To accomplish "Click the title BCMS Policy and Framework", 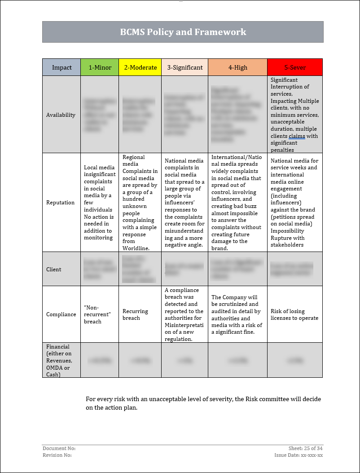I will coord(183,32).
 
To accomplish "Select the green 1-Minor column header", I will coord(100,67).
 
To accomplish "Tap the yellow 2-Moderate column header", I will coord(140,67).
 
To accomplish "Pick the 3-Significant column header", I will coord(184,67).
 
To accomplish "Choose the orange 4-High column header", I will coord(237,67).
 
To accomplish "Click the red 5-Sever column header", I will coord(295,67).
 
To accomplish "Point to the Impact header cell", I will coord(61,67).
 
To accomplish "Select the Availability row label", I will coord(61,115).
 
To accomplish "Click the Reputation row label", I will coord(60,203).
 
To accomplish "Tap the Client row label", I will coord(53,270).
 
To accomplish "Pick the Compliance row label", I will coord(61,314).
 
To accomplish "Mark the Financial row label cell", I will coord(59,360).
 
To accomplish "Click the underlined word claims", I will coord(297,136).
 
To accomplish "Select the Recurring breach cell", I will coord(135,314).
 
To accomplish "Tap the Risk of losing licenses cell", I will coord(294,314).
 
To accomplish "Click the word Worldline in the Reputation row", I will coord(136,248).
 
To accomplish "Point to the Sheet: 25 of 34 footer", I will coord(305,448).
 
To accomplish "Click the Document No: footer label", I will coord(59,448).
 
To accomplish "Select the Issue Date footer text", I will coord(299,455).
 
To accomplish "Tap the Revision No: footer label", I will coord(57,455).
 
